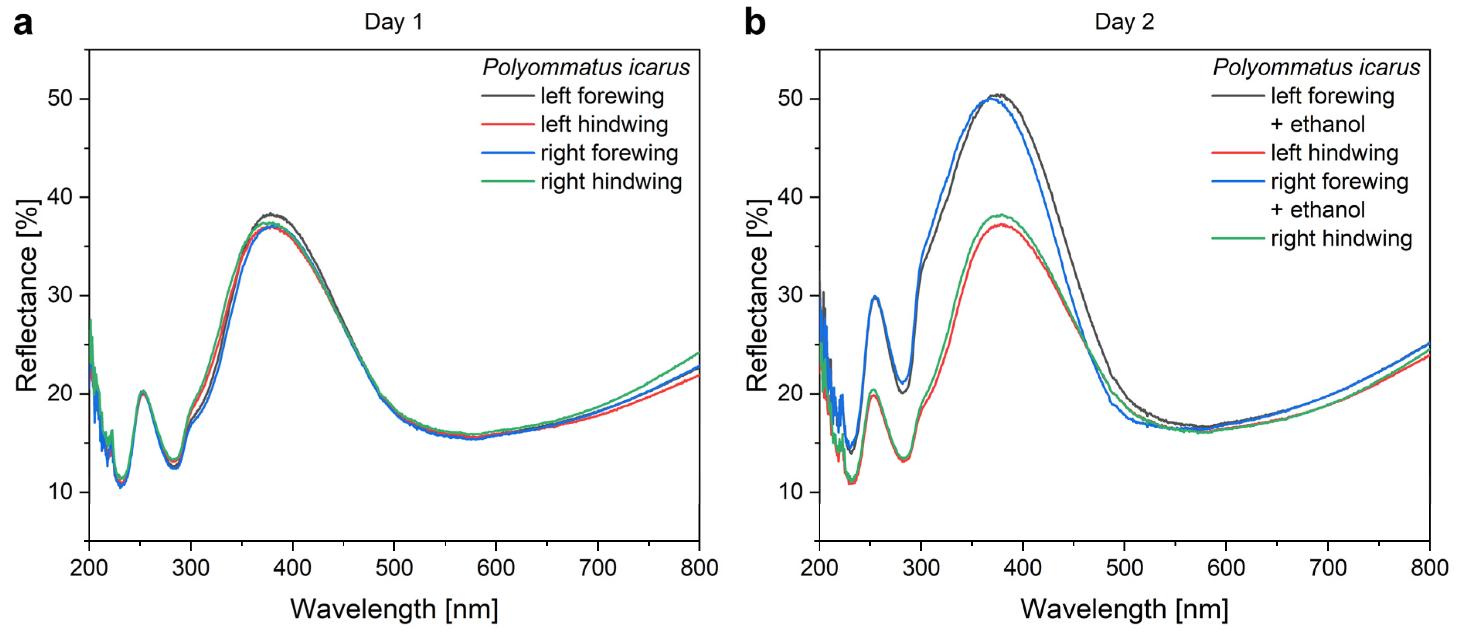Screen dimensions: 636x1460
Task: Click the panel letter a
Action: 23,24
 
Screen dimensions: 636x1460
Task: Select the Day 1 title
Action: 393,22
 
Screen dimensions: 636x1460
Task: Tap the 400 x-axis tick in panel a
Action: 292,567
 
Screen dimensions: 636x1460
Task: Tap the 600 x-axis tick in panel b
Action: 1225,567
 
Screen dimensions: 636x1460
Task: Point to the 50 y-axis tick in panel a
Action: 60,98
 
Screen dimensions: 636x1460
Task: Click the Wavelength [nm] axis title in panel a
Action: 394,609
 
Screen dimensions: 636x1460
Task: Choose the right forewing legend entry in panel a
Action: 609,153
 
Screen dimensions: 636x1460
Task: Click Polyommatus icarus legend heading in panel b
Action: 1316,68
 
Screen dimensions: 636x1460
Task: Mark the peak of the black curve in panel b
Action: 999,95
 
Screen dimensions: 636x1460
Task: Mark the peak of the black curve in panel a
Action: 272,214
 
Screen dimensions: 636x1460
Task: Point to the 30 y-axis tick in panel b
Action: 790,295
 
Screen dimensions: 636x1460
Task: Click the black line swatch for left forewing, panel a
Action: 507,96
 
